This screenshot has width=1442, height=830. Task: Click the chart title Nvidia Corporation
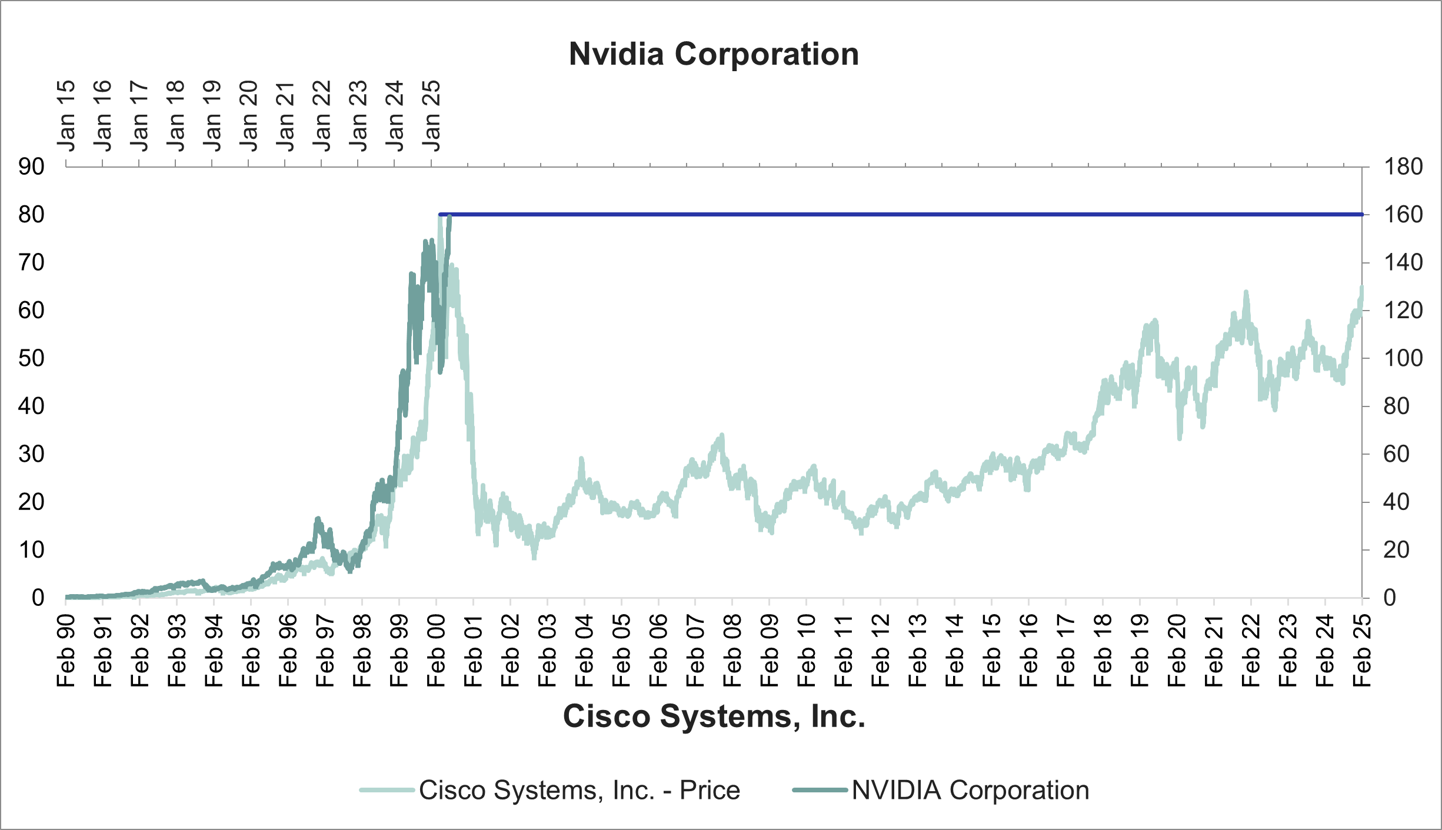click(x=714, y=54)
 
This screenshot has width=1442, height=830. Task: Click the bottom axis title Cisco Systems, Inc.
click(x=714, y=716)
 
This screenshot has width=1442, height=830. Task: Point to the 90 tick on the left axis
click(x=31, y=167)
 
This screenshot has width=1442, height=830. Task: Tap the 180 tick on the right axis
click(x=1403, y=167)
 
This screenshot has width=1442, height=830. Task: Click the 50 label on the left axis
click(x=31, y=358)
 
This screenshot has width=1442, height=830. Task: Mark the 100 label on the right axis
click(x=1403, y=358)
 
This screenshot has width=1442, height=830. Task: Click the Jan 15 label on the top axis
click(x=66, y=116)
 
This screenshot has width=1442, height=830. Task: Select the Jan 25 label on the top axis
click(x=431, y=116)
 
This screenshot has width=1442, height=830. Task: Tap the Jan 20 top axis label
click(x=248, y=116)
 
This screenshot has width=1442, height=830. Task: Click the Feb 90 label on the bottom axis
click(x=66, y=651)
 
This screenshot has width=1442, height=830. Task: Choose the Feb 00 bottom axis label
click(x=436, y=651)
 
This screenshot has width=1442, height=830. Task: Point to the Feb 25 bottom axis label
click(x=1362, y=651)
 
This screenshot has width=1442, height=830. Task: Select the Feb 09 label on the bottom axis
click(x=769, y=651)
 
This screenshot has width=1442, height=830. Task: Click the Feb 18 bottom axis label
click(x=1103, y=651)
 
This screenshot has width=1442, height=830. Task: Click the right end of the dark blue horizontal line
click(x=1361, y=215)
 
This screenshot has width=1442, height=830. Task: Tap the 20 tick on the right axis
click(x=1396, y=550)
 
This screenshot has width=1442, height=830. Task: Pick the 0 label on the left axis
click(x=38, y=598)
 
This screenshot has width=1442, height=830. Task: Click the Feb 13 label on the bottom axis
click(x=917, y=651)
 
